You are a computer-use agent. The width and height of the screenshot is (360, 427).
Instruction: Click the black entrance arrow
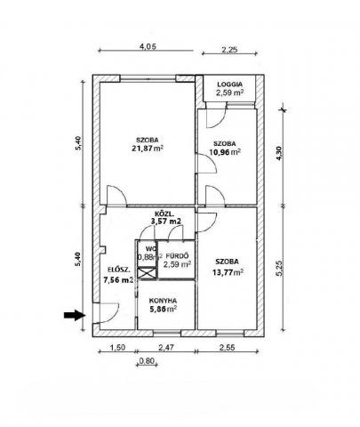(x=74, y=315)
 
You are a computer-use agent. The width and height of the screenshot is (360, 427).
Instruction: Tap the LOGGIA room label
(x=229, y=85)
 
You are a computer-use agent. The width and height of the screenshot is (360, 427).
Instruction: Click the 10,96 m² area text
(x=227, y=152)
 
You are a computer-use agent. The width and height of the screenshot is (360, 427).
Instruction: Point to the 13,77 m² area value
(x=228, y=272)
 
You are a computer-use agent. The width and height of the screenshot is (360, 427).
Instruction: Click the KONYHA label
(x=163, y=300)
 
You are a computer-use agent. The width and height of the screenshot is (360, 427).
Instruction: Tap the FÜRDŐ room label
(x=177, y=255)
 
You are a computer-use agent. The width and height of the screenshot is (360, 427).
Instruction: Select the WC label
(x=149, y=248)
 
